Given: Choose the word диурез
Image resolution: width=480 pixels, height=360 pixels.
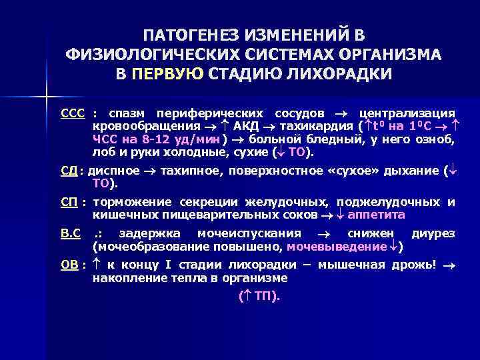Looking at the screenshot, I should [x=433, y=234].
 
